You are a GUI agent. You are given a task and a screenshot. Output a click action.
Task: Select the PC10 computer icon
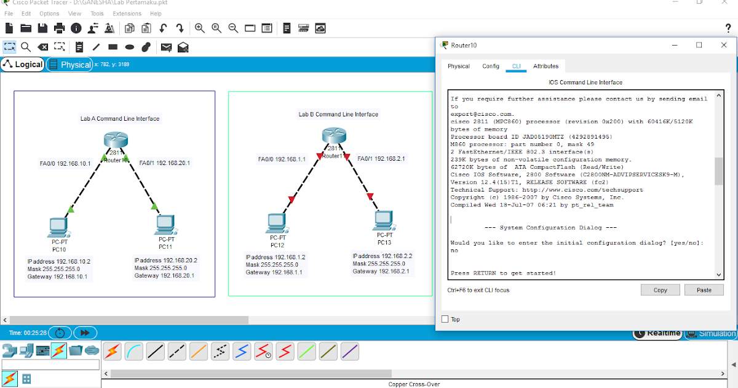[x=58, y=227]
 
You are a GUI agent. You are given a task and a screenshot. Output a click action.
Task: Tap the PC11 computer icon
[x=166, y=225]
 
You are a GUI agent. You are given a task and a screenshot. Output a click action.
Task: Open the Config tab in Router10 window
[x=491, y=67]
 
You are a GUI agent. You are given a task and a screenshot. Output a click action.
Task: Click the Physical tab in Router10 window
[x=458, y=67]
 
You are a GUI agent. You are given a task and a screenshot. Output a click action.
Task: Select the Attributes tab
[x=546, y=67]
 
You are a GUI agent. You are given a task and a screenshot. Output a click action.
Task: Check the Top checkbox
[x=445, y=319]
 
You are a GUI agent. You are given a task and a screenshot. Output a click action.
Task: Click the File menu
[x=9, y=14]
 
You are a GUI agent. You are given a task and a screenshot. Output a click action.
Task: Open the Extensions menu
[x=127, y=14]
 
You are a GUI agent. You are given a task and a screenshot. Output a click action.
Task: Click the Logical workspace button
[x=23, y=65]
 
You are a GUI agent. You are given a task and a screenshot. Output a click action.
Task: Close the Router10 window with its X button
[x=724, y=45]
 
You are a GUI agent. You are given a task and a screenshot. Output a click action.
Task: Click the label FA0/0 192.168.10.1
[x=65, y=163]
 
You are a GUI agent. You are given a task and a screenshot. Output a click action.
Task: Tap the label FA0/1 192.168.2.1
[x=381, y=159]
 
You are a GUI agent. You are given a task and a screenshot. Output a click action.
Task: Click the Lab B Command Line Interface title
[x=338, y=115]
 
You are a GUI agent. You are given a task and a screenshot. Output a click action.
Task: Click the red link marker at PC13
[x=370, y=196]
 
